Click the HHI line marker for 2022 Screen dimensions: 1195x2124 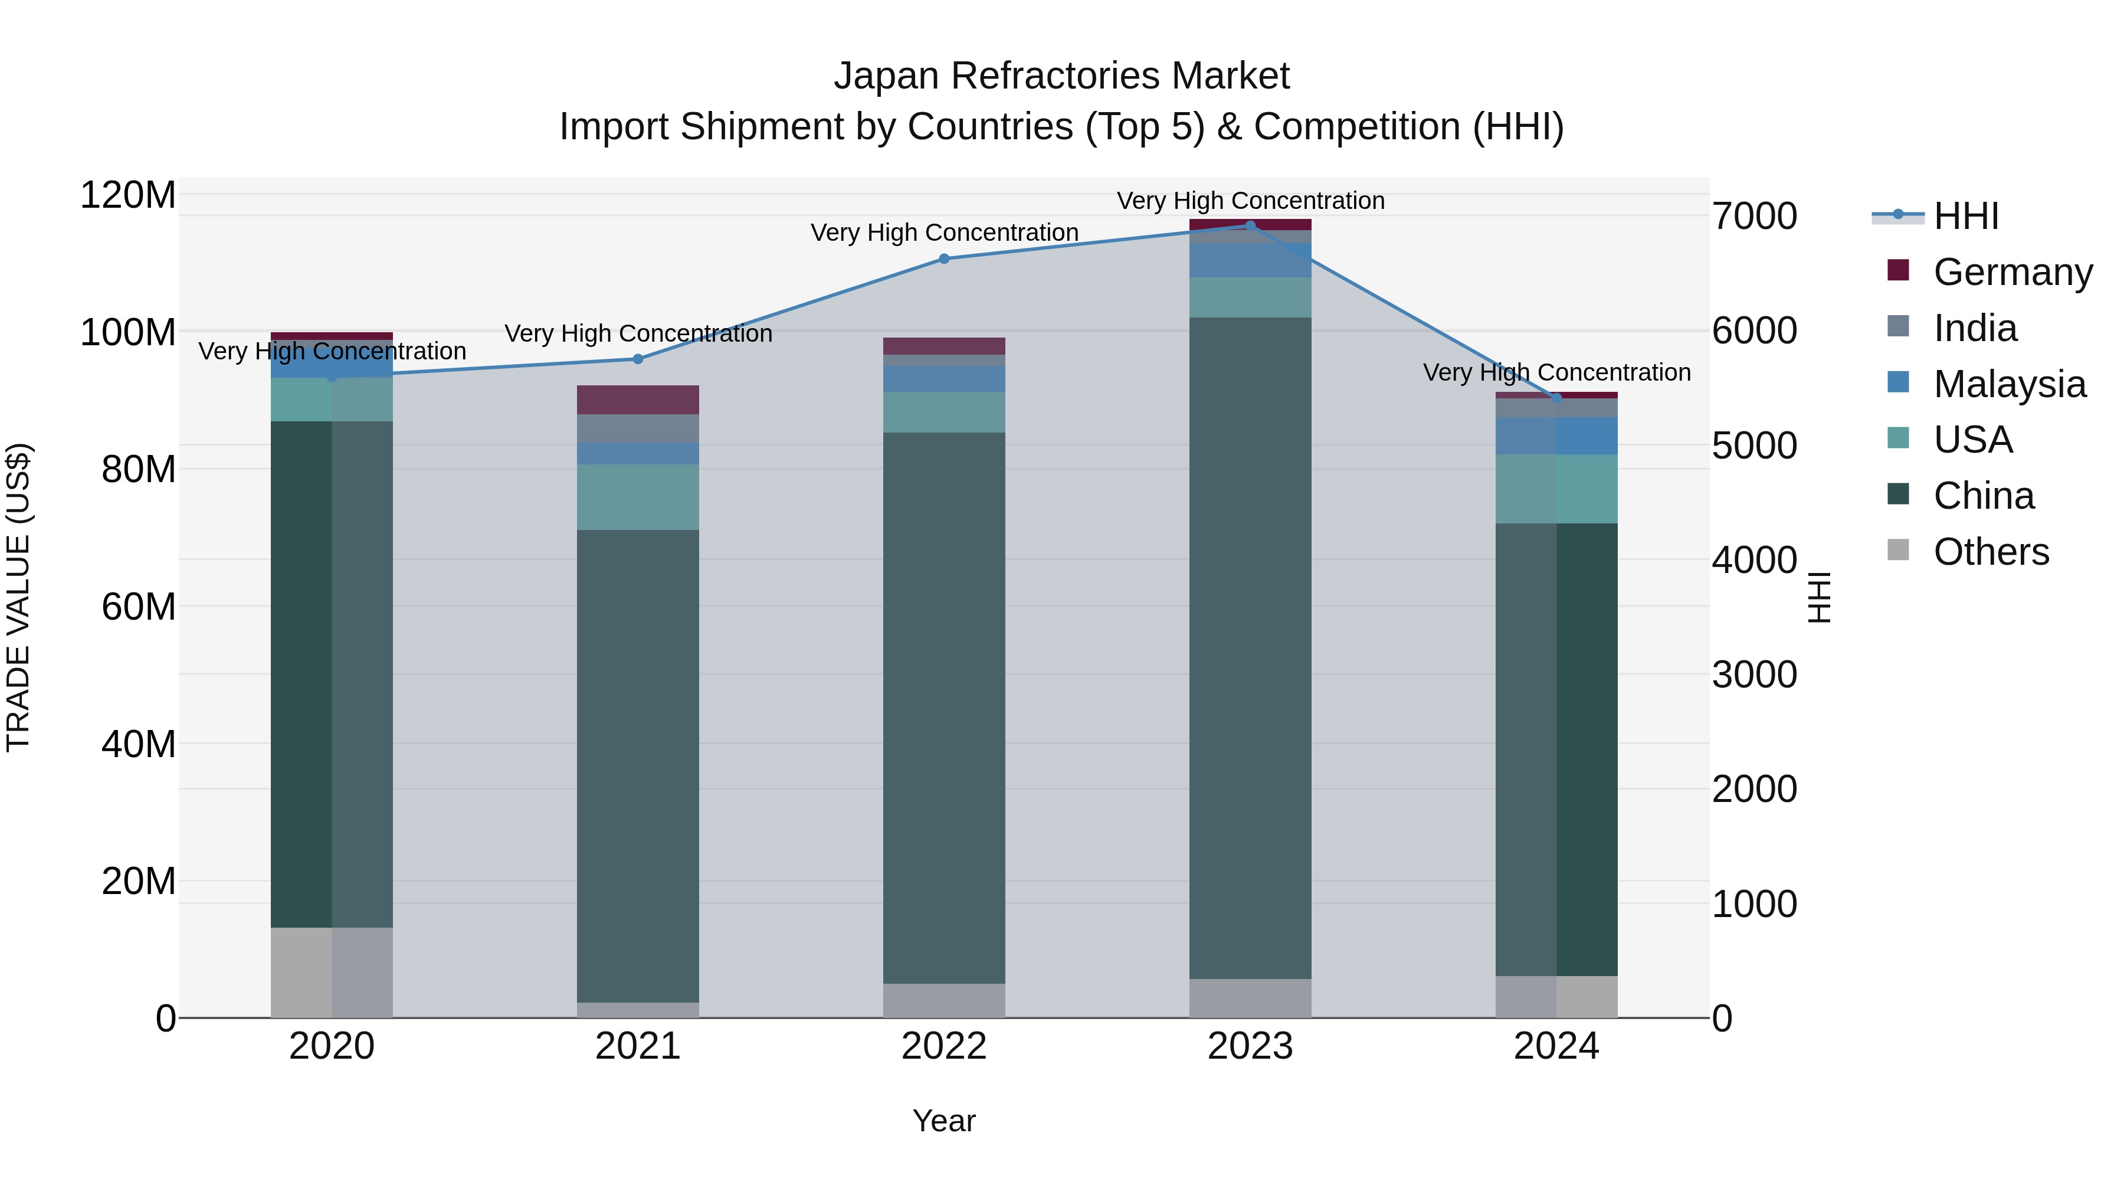944,259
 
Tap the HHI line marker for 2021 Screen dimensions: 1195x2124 637,359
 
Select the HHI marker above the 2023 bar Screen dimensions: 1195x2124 1250,226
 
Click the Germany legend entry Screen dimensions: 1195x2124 2012,272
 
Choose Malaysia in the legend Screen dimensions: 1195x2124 2010,384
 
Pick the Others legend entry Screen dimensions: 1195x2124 1991,552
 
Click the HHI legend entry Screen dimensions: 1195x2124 1966,216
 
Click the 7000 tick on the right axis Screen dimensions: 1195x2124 1755,216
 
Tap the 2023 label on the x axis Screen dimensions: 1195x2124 1250,1046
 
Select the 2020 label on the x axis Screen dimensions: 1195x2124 332,1046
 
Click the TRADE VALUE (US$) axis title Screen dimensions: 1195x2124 18,597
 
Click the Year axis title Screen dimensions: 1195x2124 944,1121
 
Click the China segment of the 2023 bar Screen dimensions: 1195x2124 1250,647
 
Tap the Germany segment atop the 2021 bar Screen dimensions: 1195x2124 637,400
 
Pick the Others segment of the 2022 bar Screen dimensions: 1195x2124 944,1000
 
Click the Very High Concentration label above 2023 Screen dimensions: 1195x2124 1250,201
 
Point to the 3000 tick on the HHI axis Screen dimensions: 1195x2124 1755,675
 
